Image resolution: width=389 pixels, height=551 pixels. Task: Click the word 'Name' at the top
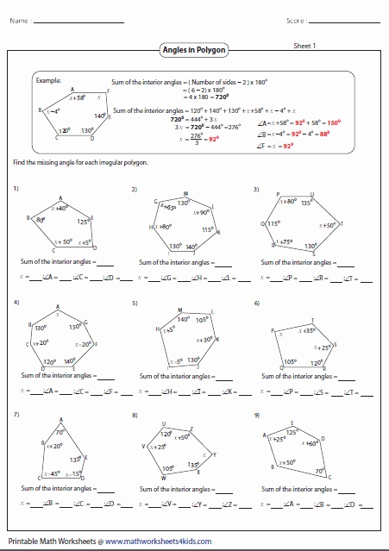21,19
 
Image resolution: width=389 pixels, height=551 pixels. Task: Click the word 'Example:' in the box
48,79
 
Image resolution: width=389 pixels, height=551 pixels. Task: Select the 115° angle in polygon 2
207,230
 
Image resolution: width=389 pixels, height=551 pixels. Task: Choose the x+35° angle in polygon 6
306,330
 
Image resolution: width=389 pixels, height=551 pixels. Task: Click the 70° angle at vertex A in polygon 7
60,431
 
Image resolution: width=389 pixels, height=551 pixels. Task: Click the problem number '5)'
135,304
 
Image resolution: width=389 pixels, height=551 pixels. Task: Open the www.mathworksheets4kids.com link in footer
154,542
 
